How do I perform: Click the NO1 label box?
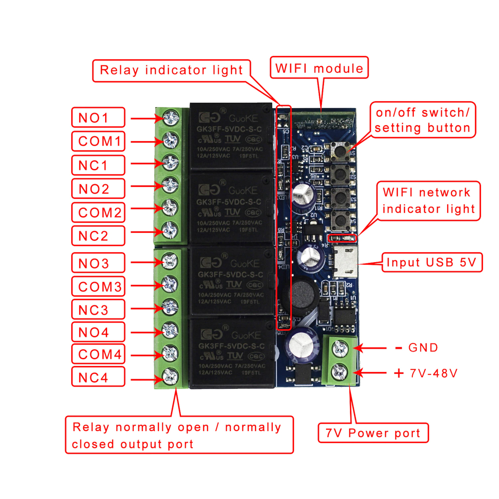pyautogui.click(x=98, y=117)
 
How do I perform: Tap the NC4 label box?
pyautogui.click(x=98, y=377)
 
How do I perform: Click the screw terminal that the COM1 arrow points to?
pyautogui.click(x=171, y=140)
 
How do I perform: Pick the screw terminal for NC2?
pyautogui.click(x=170, y=230)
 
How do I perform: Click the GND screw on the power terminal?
pyautogui.click(x=340, y=348)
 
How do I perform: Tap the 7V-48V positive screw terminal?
pyautogui.click(x=339, y=372)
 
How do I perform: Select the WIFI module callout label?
pyautogui.click(x=319, y=68)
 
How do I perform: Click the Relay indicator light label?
pyautogui.click(x=171, y=71)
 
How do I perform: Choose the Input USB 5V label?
pyautogui.click(x=432, y=262)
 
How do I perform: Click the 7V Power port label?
pyautogui.click(x=373, y=433)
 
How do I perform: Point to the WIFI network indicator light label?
pyautogui.click(x=428, y=201)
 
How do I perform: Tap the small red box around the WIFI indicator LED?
pyautogui.click(x=342, y=238)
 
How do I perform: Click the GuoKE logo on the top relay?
pyautogui.click(x=243, y=118)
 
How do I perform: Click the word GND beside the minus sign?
pyautogui.click(x=423, y=348)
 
